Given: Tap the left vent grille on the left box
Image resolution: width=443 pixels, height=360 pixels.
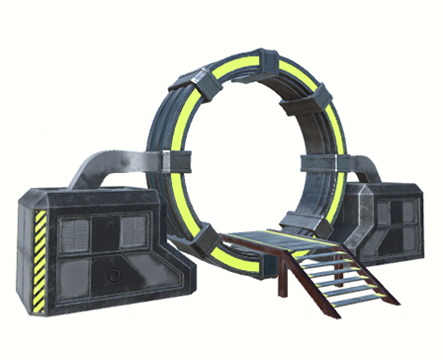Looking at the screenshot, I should point(75,234).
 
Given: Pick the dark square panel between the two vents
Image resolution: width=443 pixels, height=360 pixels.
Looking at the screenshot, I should point(104,234).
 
